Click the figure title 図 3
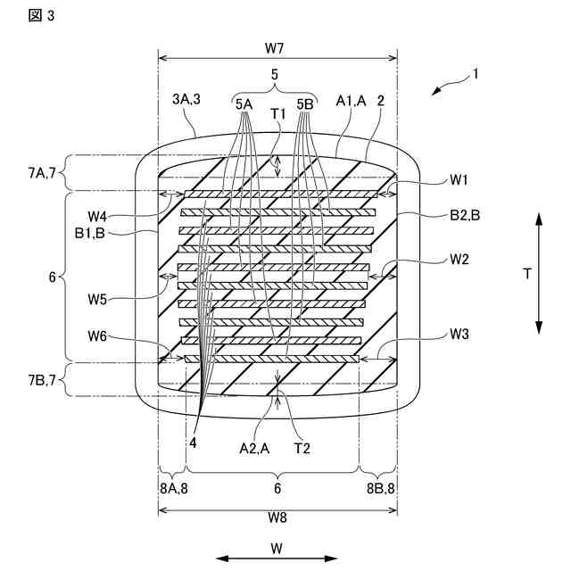tap(16, 14)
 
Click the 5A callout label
tap(244, 103)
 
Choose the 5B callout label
tap(304, 103)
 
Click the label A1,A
tap(351, 103)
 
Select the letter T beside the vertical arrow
tap(527, 275)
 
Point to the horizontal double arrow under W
tap(277, 559)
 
